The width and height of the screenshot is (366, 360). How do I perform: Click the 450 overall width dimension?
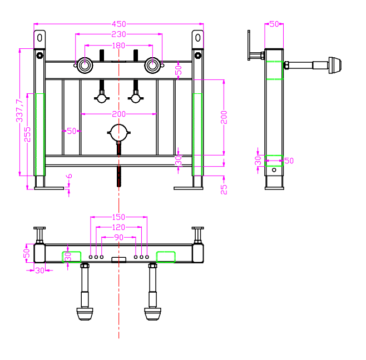pos(119,24)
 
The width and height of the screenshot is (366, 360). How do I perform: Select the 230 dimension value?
pos(119,34)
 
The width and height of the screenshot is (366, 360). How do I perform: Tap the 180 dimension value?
pos(118,46)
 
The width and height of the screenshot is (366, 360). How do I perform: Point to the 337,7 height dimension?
pos(19,111)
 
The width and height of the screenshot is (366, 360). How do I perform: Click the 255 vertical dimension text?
pos(27,134)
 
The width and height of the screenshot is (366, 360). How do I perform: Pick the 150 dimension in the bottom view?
pos(118,217)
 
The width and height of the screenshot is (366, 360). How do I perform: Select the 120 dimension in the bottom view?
pos(118,227)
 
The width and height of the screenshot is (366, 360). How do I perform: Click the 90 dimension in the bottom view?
pos(119,237)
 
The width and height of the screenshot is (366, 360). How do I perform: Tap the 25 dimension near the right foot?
pos(224,189)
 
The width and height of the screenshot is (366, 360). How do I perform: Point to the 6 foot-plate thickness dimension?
pos(70,176)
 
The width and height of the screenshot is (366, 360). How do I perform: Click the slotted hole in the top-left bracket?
pos(39,38)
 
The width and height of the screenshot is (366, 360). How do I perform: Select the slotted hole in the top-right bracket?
pos(198,38)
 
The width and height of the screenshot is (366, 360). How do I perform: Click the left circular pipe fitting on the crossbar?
pos(85,66)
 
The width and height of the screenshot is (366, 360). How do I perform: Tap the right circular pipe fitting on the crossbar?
pos(152,66)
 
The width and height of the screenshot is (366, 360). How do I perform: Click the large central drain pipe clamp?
pos(119,133)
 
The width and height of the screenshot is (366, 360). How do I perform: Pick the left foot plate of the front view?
pos(49,188)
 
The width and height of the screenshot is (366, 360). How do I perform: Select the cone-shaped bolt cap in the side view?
pos(335,66)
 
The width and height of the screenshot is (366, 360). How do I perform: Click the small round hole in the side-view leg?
pos(274,170)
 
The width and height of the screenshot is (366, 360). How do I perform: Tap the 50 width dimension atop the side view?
pos(274,24)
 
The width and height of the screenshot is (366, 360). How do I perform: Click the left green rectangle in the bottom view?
pos(71,257)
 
